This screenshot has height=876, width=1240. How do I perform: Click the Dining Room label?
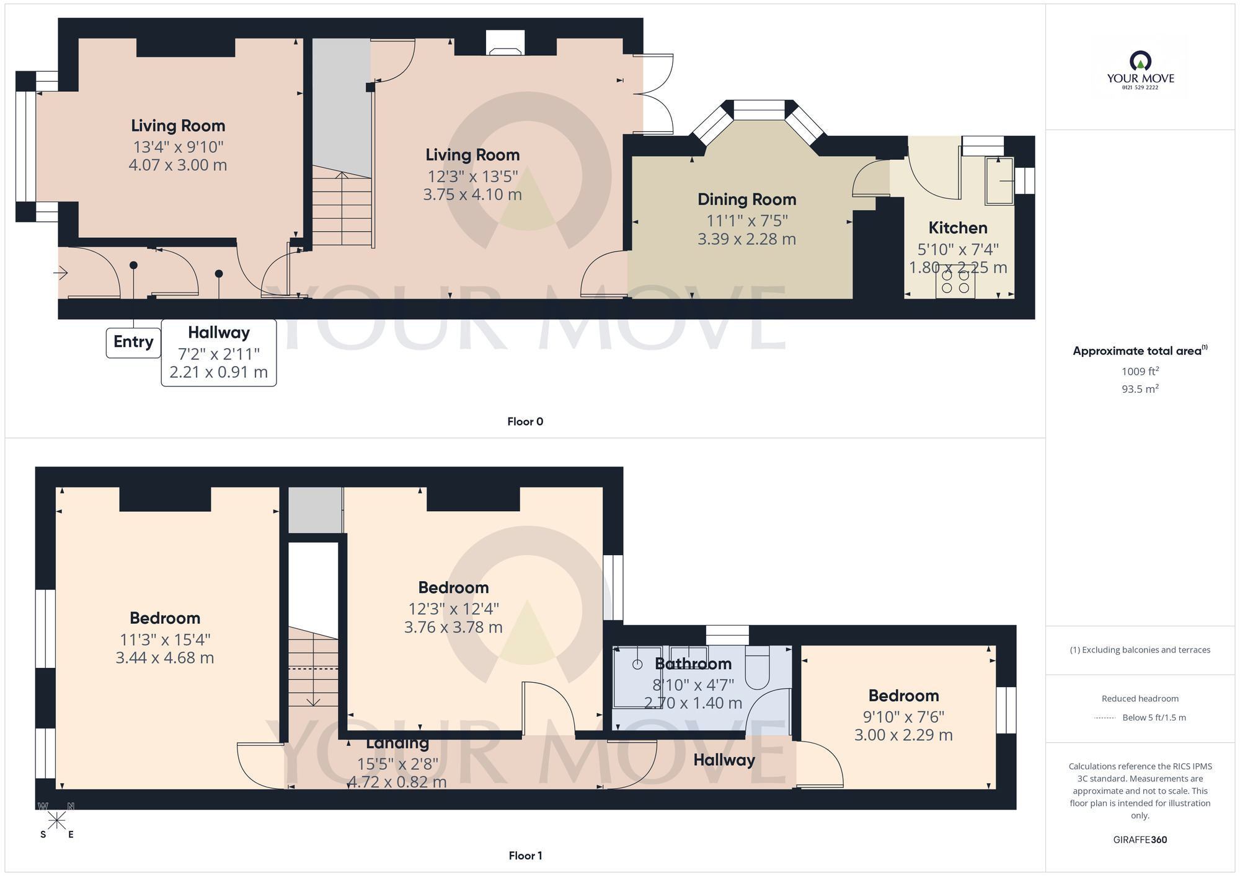click(746, 199)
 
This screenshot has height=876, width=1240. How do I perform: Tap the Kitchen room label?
click(957, 228)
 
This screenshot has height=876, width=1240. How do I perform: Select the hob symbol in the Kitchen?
click(955, 282)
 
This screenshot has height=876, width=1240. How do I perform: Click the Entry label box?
click(133, 342)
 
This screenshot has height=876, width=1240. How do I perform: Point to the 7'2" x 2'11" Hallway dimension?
click(218, 354)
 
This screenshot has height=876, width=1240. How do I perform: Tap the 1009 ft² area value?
click(1140, 372)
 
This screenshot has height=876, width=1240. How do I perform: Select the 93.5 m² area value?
click(1140, 389)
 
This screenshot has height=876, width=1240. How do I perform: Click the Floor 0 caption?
click(525, 422)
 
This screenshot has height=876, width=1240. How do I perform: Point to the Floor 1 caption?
click(525, 856)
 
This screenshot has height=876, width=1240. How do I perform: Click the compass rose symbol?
click(56, 821)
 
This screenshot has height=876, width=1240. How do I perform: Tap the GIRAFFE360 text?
click(1140, 840)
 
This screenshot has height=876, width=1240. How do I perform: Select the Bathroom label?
click(693, 664)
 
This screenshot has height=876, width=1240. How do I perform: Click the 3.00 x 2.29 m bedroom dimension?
click(903, 735)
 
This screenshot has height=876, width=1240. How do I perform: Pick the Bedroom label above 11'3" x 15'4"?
click(165, 618)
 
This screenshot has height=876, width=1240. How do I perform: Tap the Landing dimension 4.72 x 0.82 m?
click(397, 782)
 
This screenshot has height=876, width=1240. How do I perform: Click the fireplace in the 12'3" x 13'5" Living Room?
click(505, 43)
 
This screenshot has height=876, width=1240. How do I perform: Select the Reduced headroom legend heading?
click(1140, 699)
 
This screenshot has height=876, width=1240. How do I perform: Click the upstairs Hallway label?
click(724, 760)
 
